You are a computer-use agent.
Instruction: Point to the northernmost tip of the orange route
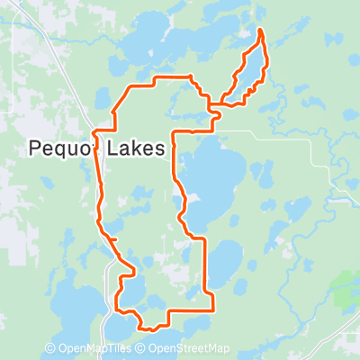pyautogui.click(x=261, y=31)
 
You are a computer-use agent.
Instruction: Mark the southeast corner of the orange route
pyautogui.click(x=212, y=309)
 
